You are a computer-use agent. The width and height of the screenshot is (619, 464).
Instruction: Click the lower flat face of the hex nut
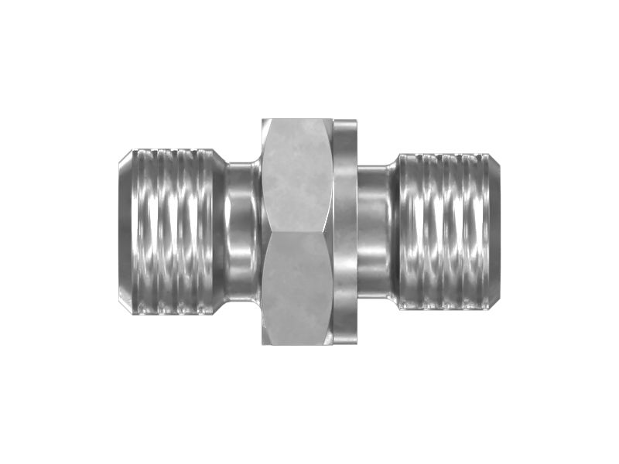[297, 290]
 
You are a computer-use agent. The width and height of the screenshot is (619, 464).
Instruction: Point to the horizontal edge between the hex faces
[297, 231]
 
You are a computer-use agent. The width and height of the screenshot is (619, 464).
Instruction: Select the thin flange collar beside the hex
[345, 232]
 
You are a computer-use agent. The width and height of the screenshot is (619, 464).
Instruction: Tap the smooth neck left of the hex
[244, 232]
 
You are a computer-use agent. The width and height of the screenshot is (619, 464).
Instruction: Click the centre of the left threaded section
[172, 232]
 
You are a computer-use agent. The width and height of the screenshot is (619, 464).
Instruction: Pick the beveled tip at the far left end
[125, 232]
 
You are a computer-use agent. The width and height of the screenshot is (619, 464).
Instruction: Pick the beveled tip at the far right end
[494, 232]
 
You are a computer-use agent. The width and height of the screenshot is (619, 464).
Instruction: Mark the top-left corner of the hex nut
[263, 120]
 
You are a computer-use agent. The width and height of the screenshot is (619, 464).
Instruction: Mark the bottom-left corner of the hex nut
[263, 343]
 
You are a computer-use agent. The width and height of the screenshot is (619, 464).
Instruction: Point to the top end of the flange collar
[345, 121]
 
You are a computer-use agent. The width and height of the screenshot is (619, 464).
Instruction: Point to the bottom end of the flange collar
[345, 343]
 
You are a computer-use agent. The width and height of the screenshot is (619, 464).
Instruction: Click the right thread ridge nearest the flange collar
[409, 232]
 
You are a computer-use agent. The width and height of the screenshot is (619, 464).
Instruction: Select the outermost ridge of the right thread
[481, 232]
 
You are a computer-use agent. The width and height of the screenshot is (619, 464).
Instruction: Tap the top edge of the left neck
[244, 164]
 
